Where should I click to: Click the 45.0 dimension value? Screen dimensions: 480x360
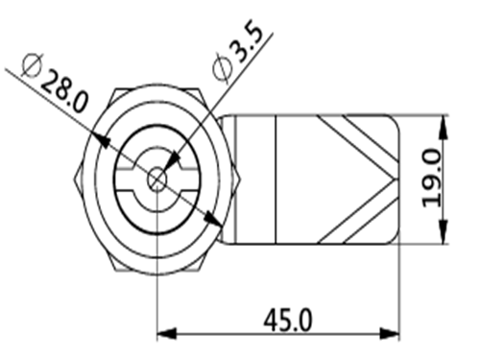(287, 320)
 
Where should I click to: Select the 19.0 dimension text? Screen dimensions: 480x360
(432, 178)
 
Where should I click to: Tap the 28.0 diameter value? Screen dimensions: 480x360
(64, 91)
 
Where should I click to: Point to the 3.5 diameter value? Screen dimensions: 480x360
(248, 40)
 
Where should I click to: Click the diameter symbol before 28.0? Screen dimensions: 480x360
(32, 66)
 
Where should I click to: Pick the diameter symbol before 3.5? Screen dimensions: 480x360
(223, 67)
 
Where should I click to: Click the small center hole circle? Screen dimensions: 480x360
(156, 180)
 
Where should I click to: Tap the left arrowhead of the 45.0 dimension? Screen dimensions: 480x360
(166, 334)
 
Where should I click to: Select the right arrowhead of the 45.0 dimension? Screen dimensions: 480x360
(390, 334)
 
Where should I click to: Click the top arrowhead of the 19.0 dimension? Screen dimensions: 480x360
(444, 127)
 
